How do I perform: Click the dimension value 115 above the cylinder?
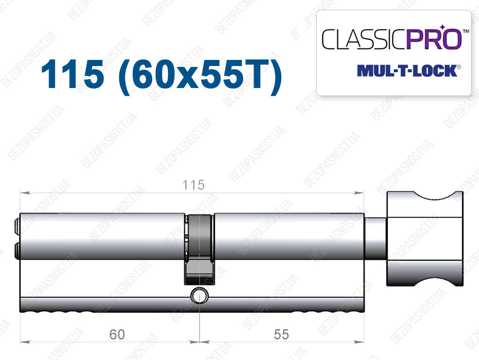(193, 185)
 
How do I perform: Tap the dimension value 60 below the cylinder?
(117, 334)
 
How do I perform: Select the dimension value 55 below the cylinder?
(281, 334)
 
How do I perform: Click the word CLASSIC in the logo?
(363, 39)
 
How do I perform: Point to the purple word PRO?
(434, 39)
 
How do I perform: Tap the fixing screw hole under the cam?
(199, 296)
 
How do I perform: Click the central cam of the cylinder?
(199, 249)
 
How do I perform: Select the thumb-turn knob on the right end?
(425, 239)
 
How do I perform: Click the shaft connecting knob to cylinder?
(376, 239)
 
